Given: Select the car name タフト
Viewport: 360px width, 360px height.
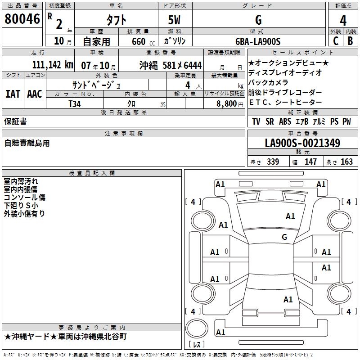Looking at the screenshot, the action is [x=116, y=20].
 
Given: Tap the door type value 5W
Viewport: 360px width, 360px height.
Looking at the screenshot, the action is [x=175, y=20].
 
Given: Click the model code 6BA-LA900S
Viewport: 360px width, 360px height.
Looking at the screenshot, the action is [x=258, y=41].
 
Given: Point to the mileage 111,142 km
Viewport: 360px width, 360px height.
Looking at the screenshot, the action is [x=53, y=65].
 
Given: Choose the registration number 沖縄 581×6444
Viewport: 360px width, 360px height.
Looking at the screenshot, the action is [x=171, y=65].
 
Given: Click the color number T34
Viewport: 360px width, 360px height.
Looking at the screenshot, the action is [x=75, y=104].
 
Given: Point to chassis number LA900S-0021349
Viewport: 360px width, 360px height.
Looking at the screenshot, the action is [x=302, y=144].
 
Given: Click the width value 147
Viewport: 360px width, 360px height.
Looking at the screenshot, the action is [x=310, y=162].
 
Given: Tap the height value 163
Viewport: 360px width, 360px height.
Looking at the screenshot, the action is [x=346, y=162].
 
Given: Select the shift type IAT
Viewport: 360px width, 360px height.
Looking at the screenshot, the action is [x=13, y=94].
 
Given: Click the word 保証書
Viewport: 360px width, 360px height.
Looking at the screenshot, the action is [x=15, y=121].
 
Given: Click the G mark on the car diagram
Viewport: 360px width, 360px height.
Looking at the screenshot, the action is [x=284, y=237].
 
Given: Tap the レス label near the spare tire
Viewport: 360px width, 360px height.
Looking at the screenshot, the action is [x=197, y=345].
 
